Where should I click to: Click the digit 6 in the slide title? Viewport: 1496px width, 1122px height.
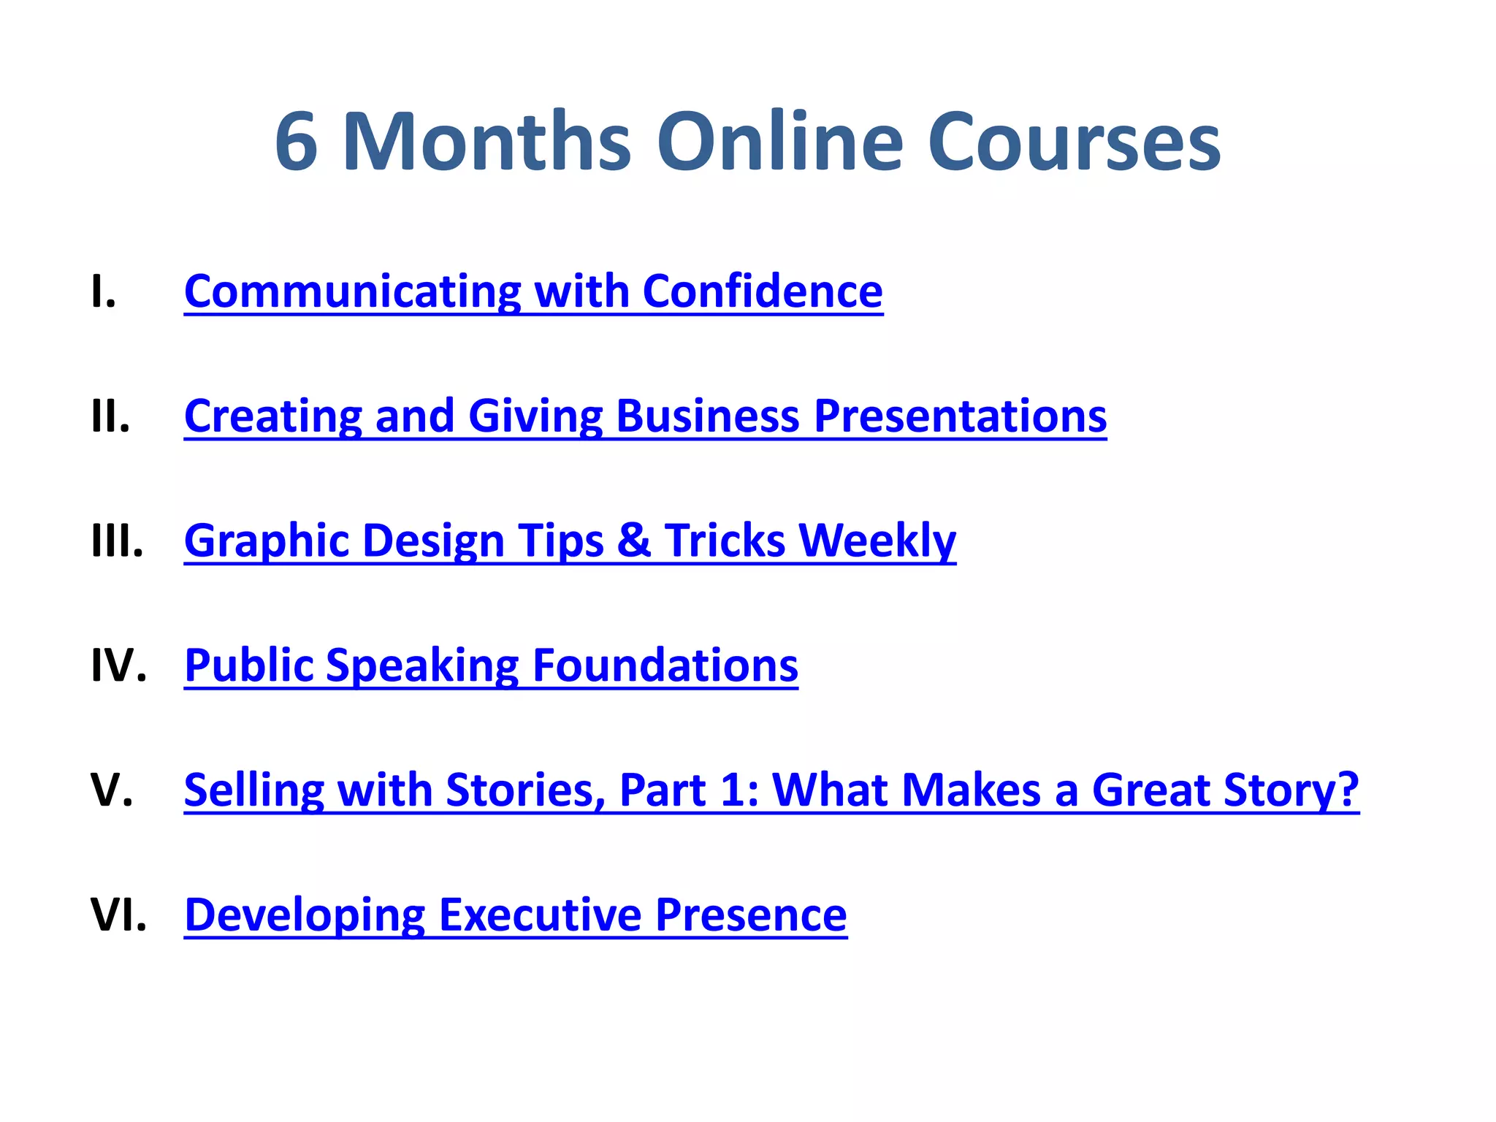click(x=297, y=142)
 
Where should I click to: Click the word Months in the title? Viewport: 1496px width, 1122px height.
click(x=486, y=142)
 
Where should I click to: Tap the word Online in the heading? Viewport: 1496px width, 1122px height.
click(x=780, y=142)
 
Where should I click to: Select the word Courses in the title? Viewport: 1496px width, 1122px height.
click(x=1074, y=142)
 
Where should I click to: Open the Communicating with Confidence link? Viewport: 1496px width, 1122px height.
click(x=533, y=291)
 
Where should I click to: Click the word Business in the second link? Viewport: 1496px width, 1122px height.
click(x=708, y=416)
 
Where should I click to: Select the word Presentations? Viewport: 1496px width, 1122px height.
click(x=960, y=416)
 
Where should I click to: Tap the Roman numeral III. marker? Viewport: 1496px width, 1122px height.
click(x=118, y=541)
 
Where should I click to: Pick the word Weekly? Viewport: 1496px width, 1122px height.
click(x=877, y=541)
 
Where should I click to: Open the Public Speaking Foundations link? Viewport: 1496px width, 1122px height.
click(x=491, y=665)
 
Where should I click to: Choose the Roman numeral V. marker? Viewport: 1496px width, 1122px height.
click(x=112, y=790)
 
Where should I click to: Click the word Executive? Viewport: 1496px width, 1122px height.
click(x=540, y=915)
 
